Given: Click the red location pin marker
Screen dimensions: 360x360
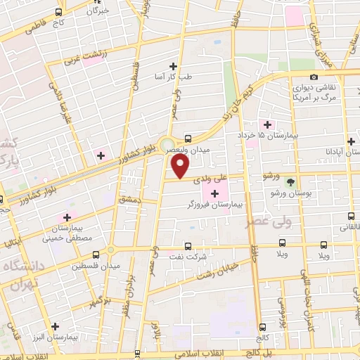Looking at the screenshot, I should [181, 167].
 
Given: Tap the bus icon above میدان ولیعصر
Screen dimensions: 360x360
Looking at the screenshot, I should [188, 138].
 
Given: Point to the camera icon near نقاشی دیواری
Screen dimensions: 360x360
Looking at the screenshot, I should [314, 77].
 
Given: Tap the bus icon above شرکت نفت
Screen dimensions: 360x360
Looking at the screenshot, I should [188, 246].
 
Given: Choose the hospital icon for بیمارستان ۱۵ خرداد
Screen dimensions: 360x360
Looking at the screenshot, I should [267, 124].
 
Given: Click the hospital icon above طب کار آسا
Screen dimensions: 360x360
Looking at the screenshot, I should [173, 66].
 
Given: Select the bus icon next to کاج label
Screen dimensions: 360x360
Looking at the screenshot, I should [59, 13].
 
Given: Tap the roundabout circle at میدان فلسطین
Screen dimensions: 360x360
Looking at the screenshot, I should [110, 250].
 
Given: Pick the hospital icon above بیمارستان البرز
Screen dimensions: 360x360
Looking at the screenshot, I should [55, 326].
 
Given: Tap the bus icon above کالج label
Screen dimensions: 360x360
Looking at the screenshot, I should [262, 326].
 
